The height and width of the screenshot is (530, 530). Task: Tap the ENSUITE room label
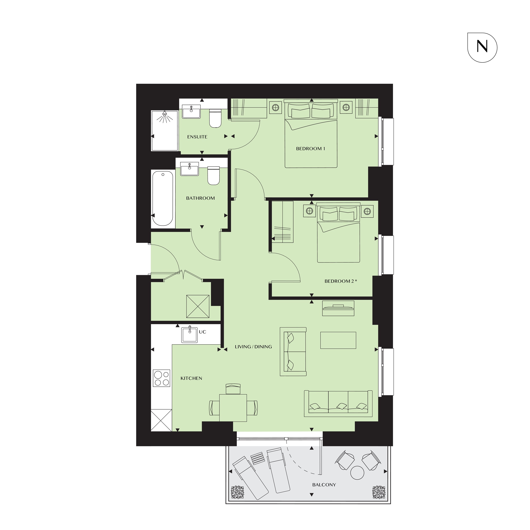click(197, 137)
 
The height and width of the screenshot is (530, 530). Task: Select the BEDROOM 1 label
click(311, 148)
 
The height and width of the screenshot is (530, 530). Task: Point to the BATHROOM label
click(200, 198)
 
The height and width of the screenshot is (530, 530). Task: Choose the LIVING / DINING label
click(253, 347)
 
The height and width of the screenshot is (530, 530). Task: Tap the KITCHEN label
click(191, 378)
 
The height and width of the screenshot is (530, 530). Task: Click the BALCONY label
click(324, 485)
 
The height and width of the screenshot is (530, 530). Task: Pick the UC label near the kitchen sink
click(203, 332)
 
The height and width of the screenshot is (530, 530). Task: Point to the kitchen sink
click(189, 334)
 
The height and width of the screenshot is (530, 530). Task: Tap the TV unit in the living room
click(338, 308)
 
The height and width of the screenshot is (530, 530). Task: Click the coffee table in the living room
click(338, 341)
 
